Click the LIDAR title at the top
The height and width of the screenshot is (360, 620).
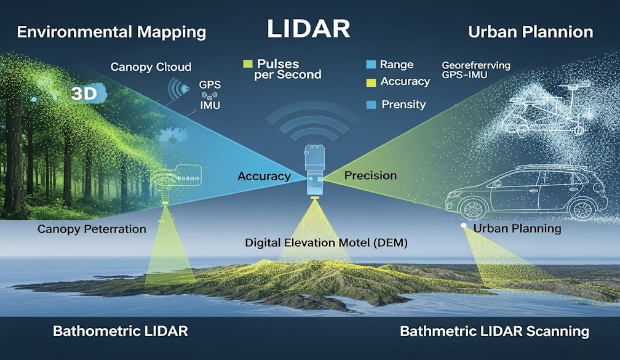point(308,29)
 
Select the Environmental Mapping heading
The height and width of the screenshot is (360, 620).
point(111,32)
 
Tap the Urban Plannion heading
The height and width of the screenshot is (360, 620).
point(530,32)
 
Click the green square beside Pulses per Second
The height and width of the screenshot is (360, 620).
point(248,64)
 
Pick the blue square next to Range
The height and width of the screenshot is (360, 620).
point(370,65)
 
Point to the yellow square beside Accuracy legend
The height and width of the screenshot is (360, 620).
point(370,82)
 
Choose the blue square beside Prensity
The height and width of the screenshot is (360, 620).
point(370,105)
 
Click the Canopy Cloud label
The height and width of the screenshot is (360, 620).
point(151,66)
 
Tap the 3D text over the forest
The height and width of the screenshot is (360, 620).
point(84,94)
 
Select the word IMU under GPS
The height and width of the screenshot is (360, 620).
point(210,105)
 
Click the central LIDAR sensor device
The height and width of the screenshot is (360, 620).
point(314,169)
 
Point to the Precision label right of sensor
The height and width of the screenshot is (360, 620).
point(370,175)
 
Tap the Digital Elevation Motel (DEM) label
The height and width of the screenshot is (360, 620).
point(326,243)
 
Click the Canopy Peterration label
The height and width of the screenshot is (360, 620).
point(92,229)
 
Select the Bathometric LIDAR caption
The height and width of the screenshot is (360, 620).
point(121,331)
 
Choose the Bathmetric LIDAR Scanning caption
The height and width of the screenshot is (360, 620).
point(494,331)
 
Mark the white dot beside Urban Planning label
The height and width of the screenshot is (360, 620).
point(463,226)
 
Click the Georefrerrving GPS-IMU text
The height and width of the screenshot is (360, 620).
point(475,69)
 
